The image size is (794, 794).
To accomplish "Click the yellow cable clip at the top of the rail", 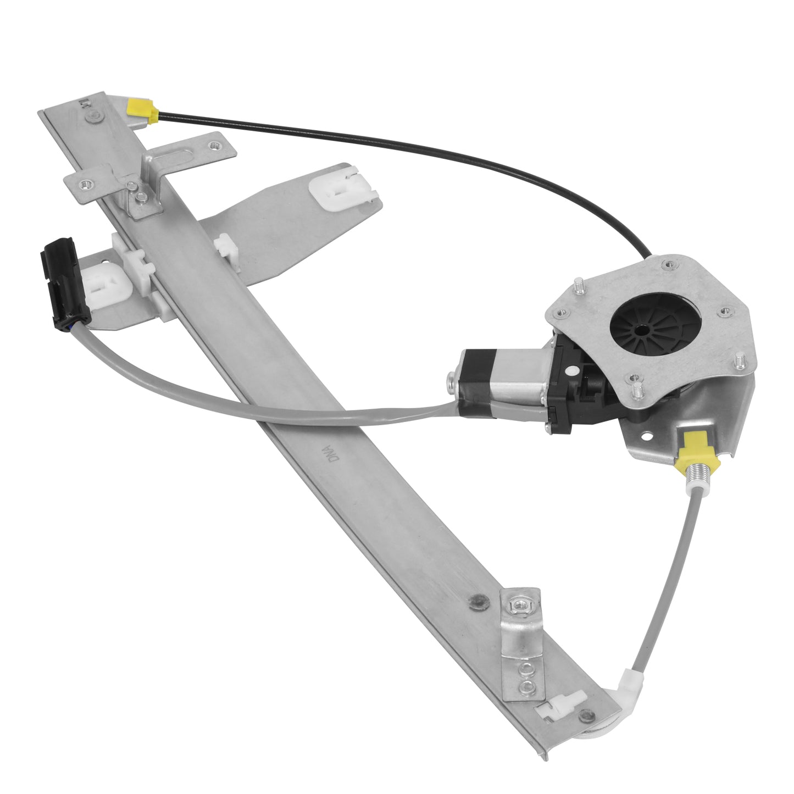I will [x=141, y=110].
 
